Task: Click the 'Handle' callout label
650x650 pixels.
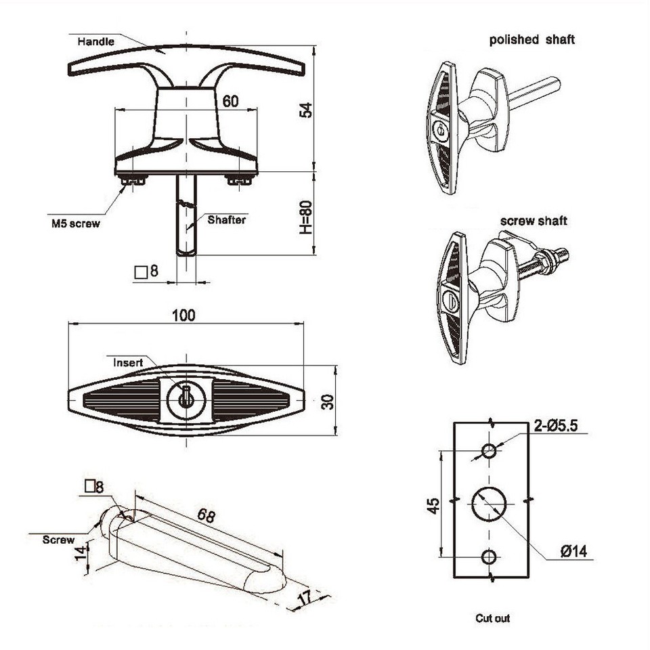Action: point(96,41)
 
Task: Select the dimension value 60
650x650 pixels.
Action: point(230,101)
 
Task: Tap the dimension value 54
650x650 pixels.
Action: point(306,110)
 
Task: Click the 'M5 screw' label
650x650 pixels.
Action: point(74,223)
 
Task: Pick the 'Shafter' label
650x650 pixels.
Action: point(227,219)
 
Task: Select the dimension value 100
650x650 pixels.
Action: point(183,315)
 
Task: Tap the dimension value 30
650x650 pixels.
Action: point(327,402)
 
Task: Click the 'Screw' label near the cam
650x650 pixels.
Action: point(58,540)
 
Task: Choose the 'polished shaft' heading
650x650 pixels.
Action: point(532,39)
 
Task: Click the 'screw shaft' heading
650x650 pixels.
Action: point(534,221)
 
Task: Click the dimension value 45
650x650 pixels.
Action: point(433,504)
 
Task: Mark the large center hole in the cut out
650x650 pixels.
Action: point(489,504)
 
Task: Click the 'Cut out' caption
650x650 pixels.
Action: point(492,618)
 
